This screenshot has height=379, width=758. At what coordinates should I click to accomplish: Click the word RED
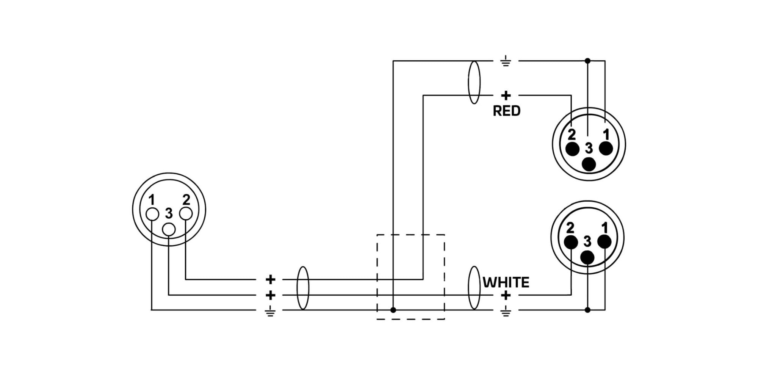pyautogui.click(x=506, y=111)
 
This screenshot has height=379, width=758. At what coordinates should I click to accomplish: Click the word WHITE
pyautogui.click(x=506, y=282)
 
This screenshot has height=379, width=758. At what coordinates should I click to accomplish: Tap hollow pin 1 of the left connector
pyautogui.click(x=152, y=214)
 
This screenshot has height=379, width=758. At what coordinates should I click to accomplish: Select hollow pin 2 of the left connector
pyautogui.click(x=186, y=213)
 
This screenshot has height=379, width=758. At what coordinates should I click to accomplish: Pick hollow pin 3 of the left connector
pyautogui.click(x=169, y=229)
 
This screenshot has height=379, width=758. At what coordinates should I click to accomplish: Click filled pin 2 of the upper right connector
pyautogui.click(x=572, y=149)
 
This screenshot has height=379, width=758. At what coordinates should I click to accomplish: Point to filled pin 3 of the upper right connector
pyautogui.click(x=589, y=164)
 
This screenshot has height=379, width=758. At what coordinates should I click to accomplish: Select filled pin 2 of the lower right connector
pyautogui.click(x=571, y=242)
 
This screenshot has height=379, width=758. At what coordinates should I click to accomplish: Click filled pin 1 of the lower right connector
pyautogui.click(x=604, y=241)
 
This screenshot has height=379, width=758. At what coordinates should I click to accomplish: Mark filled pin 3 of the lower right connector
pyautogui.click(x=587, y=258)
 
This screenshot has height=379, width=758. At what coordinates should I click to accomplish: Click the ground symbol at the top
pyautogui.click(x=506, y=61)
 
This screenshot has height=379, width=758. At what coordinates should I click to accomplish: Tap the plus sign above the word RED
pyautogui.click(x=506, y=95)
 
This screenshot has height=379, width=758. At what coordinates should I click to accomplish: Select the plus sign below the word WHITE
pyautogui.click(x=506, y=295)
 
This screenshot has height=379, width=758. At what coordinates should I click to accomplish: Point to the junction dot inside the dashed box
pyautogui.click(x=393, y=310)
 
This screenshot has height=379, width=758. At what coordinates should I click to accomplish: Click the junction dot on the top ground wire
pyautogui.click(x=587, y=61)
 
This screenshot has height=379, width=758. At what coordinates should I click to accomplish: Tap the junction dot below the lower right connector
pyautogui.click(x=587, y=310)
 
